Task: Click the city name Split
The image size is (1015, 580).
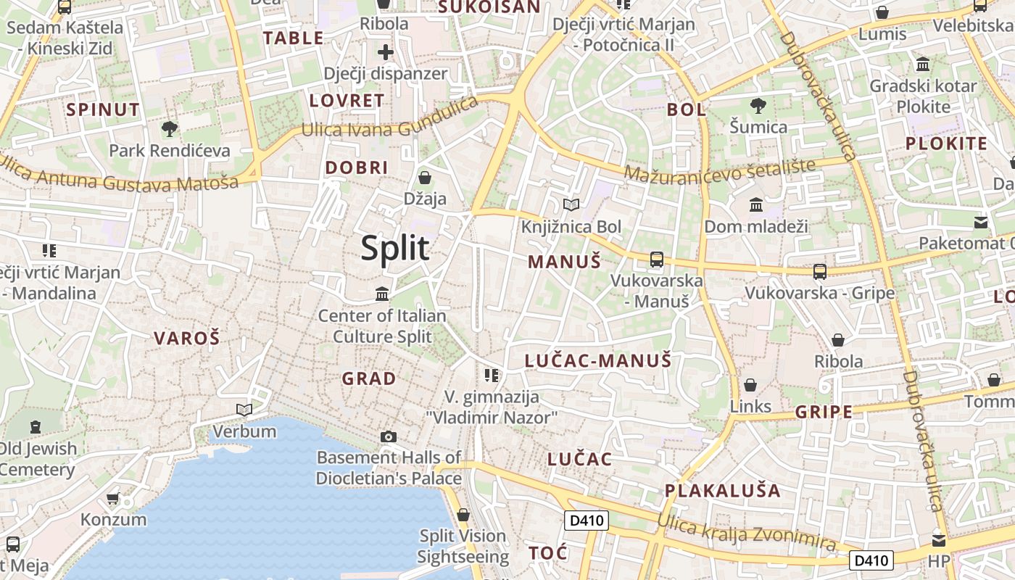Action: click(395, 249)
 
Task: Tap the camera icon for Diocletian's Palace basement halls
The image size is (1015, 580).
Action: click(389, 436)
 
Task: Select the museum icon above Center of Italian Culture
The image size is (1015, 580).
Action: click(382, 294)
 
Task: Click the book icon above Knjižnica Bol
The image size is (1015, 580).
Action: click(571, 205)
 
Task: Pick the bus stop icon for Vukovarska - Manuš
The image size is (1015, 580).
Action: click(657, 259)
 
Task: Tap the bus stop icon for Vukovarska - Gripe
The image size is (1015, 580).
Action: click(820, 272)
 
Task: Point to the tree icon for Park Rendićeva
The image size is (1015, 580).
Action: click(170, 130)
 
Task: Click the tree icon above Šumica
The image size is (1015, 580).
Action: click(758, 106)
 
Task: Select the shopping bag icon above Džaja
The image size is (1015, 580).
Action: click(425, 178)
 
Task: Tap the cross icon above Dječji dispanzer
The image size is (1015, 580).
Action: click(385, 52)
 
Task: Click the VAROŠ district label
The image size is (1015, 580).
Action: click(186, 338)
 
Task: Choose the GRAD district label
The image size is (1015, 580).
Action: click(369, 378)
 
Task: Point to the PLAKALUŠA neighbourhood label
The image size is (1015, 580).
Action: click(723, 491)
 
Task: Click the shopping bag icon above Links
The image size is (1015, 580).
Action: click(750, 385)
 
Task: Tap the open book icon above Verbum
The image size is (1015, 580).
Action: click(244, 410)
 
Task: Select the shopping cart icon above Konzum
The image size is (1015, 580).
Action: click(113, 499)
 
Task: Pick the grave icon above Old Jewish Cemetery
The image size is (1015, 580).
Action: click(36, 427)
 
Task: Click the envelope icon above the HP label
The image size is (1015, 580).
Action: click(939, 541)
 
